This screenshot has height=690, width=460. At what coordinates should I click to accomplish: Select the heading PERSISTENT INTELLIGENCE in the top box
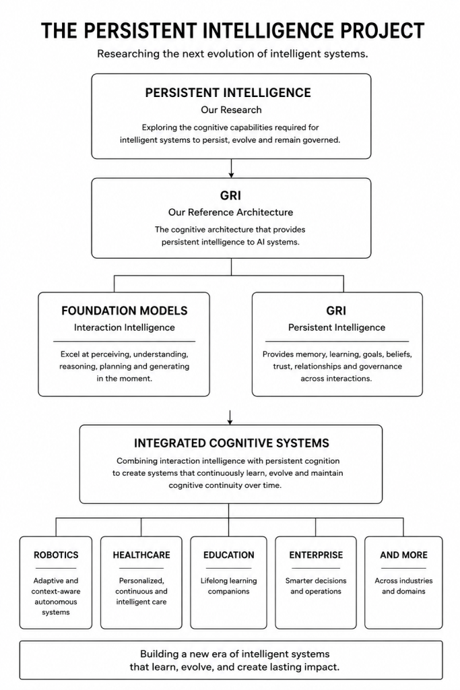pyautogui.click(x=228, y=93)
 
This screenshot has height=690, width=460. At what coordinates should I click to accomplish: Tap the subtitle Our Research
pyautogui.click(x=231, y=110)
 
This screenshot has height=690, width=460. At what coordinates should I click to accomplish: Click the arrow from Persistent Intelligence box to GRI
pyautogui.click(x=231, y=168)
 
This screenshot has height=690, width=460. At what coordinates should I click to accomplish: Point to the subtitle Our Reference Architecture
pyautogui.click(x=230, y=212)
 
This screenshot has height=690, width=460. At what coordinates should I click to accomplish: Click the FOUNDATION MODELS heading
pyautogui.click(x=125, y=311)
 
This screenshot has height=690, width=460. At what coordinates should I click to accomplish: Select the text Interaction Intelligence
pyautogui.click(x=125, y=327)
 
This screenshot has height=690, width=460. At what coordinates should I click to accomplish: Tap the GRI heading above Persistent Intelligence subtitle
pyautogui.click(x=337, y=311)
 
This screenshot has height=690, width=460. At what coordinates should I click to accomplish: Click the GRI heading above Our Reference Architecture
pyautogui.click(x=230, y=195)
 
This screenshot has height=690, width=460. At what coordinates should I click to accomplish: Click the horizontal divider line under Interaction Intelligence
pyautogui.click(x=125, y=342)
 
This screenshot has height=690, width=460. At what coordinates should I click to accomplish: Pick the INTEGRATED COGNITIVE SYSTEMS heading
pyautogui.click(x=231, y=443)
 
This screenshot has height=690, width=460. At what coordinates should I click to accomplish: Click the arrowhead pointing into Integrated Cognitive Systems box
pyautogui.click(x=230, y=422)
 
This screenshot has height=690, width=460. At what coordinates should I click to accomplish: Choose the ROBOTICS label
pyautogui.click(x=56, y=555)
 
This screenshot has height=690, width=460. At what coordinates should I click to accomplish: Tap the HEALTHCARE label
pyautogui.click(x=141, y=555)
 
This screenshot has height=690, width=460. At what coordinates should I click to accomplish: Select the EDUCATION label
pyautogui.click(x=229, y=555)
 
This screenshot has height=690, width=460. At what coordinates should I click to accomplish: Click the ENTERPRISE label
pyautogui.click(x=316, y=555)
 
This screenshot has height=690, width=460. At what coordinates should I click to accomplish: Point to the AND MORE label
pyautogui.click(x=403, y=555)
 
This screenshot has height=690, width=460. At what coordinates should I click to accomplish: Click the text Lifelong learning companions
pyautogui.click(x=229, y=586)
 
